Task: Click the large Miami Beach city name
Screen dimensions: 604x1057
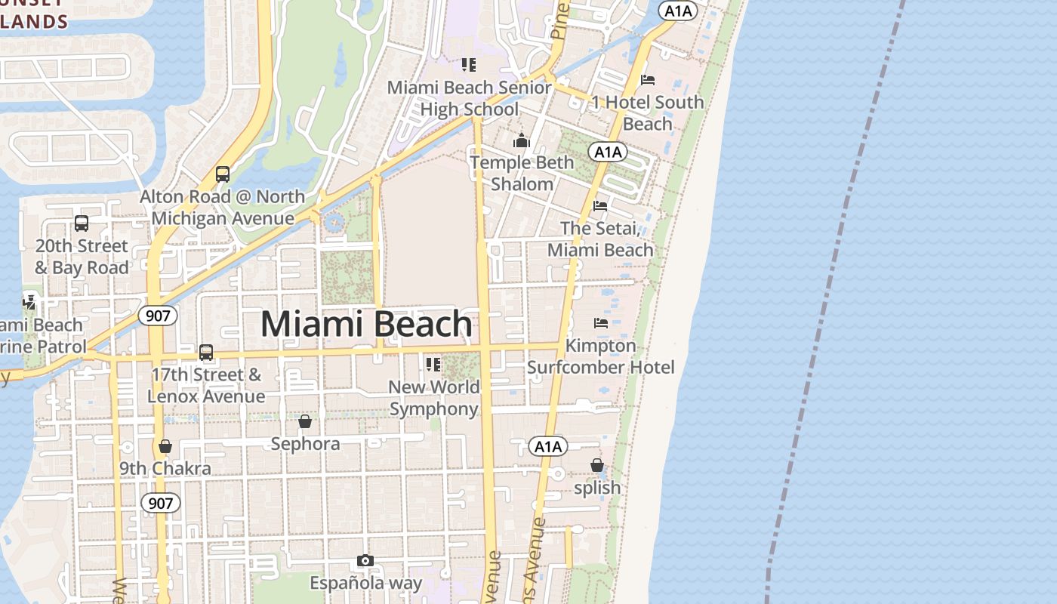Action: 366,324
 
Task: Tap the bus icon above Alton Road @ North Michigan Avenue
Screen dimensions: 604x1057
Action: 223,174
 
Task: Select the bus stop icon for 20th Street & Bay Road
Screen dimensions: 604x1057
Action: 82,223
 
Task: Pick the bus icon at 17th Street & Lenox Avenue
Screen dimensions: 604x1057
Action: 206,353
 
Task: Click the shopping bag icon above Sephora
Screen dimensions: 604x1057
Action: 305,421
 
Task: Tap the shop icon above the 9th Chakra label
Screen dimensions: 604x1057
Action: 165,446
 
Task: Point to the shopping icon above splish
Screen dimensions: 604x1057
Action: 597,465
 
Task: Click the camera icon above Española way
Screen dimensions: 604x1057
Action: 365,560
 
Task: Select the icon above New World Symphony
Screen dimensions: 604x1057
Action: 433,365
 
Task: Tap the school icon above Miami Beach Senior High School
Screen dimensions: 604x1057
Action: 469,65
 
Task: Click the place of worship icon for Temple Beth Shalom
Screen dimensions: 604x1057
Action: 522,140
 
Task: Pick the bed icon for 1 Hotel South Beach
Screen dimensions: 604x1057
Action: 648,79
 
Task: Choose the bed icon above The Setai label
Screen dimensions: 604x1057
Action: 600,205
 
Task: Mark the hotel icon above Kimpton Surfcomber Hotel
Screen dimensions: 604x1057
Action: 601,323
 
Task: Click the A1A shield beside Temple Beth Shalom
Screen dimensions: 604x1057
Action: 608,153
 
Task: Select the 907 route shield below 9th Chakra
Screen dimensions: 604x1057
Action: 160,503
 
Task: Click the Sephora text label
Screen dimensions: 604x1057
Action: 305,444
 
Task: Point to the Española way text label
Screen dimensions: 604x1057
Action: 365,583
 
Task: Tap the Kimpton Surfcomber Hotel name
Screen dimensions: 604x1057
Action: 601,356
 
